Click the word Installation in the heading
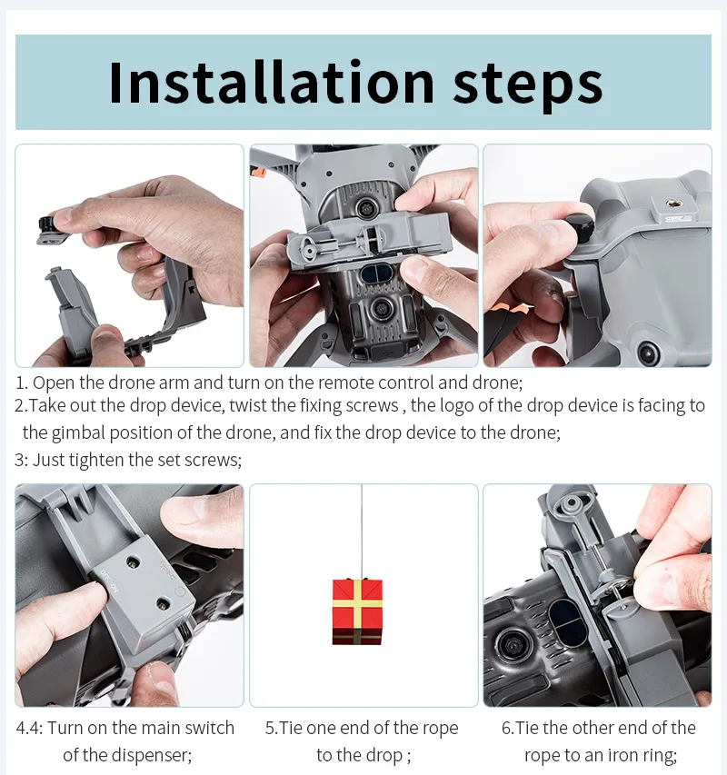(272, 82)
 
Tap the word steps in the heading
(528, 86)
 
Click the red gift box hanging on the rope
(357, 611)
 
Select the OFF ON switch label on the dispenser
(109, 581)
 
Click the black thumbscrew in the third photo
(579, 226)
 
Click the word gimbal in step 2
(77, 433)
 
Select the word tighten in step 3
(96, 460)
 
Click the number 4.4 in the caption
(30, 728)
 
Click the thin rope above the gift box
(362, 532)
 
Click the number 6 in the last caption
(506, 729)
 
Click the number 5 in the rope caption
(270, 729)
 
